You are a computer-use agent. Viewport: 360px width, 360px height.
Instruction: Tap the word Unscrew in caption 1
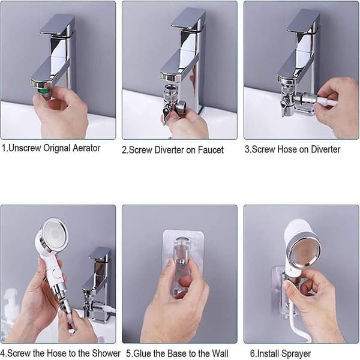click(x=25, y=148)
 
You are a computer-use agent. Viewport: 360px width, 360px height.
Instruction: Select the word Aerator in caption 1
click(x=86, y=148)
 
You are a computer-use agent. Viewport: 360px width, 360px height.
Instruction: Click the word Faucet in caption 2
click(x=211, y=150)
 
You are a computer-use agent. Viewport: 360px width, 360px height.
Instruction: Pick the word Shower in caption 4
click(x=106, y=353)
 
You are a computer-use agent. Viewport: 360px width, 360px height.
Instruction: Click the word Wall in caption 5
click(x=220, y=353)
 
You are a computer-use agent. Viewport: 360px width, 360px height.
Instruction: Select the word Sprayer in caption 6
click(x=296, y=354)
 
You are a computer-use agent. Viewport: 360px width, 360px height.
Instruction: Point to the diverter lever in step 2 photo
click(x=166, y=113)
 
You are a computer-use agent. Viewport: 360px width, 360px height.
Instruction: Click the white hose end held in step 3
click(x=327, y=101)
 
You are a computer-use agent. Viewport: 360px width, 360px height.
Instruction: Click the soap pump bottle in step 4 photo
click(x=9, y=314)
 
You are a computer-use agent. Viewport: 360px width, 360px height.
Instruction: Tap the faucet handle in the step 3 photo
click(x=304, y=21)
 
